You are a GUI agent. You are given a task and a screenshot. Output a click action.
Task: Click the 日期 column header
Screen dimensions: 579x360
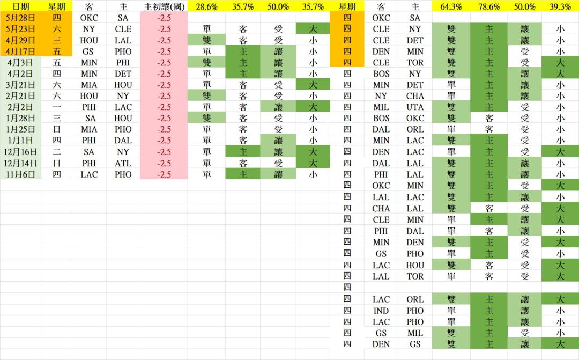(x=21, y=6)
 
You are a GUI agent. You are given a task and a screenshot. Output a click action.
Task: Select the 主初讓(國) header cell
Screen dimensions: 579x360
(x=164, y=6)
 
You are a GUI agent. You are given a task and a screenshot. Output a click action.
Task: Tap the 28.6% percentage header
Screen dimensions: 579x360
(x=206, y=6)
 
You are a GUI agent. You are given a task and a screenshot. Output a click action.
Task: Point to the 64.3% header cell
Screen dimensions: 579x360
(x=451, y=6)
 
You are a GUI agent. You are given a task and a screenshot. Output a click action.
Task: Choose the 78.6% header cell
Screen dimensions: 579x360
(x=488, y=6)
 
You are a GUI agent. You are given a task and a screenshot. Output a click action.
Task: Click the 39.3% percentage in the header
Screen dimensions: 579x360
(x=560, y=6)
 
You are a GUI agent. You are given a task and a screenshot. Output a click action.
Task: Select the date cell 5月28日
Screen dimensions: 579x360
(x=21, y=18)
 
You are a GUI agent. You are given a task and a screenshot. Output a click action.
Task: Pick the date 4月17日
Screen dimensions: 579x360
(x=21, y=52)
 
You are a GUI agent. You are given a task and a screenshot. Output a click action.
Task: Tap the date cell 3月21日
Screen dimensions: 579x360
(x=21, y=85)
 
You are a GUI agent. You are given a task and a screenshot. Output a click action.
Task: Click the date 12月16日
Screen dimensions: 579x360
(x=21, y=152)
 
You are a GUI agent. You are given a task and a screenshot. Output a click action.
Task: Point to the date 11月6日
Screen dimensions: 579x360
(x=21, y=174)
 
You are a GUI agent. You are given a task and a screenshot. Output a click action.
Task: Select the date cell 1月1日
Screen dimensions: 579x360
(x=21, y=141)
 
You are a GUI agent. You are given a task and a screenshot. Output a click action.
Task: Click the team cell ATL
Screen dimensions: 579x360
(x=123, y=163)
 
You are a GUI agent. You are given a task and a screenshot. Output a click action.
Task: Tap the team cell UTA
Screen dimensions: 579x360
(x=415, y=107)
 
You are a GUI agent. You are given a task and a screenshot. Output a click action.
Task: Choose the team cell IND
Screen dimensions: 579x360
(x=381, y=311)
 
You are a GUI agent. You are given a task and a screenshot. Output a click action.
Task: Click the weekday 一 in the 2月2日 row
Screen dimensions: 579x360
(x=56, y=107)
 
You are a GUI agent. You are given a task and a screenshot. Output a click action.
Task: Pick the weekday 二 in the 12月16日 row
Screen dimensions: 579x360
(x=56, y=152)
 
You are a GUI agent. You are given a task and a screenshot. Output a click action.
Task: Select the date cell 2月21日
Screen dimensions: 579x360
(x=21, y=96)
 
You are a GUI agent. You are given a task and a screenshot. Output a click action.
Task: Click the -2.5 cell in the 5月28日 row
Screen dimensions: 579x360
(x=164, y=18)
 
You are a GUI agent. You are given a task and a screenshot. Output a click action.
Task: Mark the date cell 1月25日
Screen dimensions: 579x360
(x=21, y=129)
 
